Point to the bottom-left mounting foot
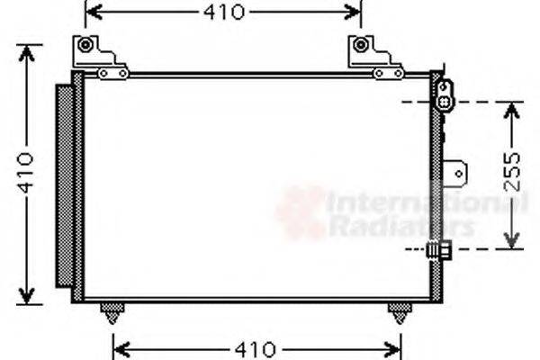click(x=111, y=314)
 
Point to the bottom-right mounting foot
click(x=397, y=314)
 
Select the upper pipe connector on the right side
click(x=444, y=94)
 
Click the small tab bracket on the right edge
click(x=459, y=172)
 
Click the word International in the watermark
click(x=423, y=203)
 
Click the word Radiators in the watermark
click(x=401, y=227)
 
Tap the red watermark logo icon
click(x=300, y=212)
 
